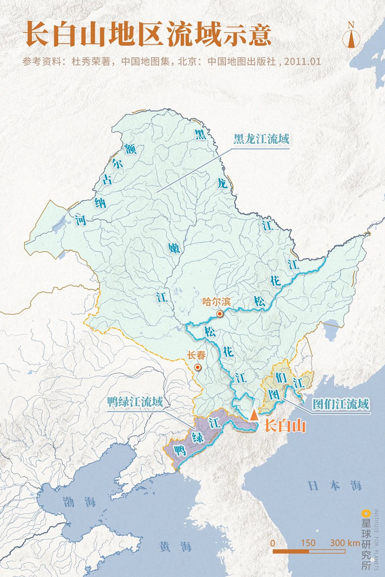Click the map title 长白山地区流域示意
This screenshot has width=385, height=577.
click(147, 35)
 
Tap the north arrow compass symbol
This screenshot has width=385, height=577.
click(350, 35)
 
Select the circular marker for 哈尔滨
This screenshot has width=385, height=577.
click(220, 314)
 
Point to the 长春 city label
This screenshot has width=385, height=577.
click(196, 355)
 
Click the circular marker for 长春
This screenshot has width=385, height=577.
click(197, 367)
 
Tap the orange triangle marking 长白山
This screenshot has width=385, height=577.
click(254, 415)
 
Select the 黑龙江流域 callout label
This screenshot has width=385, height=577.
click(261, 139)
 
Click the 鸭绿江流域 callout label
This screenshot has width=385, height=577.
click(135, 402)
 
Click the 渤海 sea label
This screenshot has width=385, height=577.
click(79, 502)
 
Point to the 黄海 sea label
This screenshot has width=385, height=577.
click(175, 546)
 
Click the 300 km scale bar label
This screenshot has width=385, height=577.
click(345, 542)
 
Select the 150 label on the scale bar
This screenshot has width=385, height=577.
click(309, 542)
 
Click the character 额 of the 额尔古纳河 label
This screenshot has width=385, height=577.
click(130, 148)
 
